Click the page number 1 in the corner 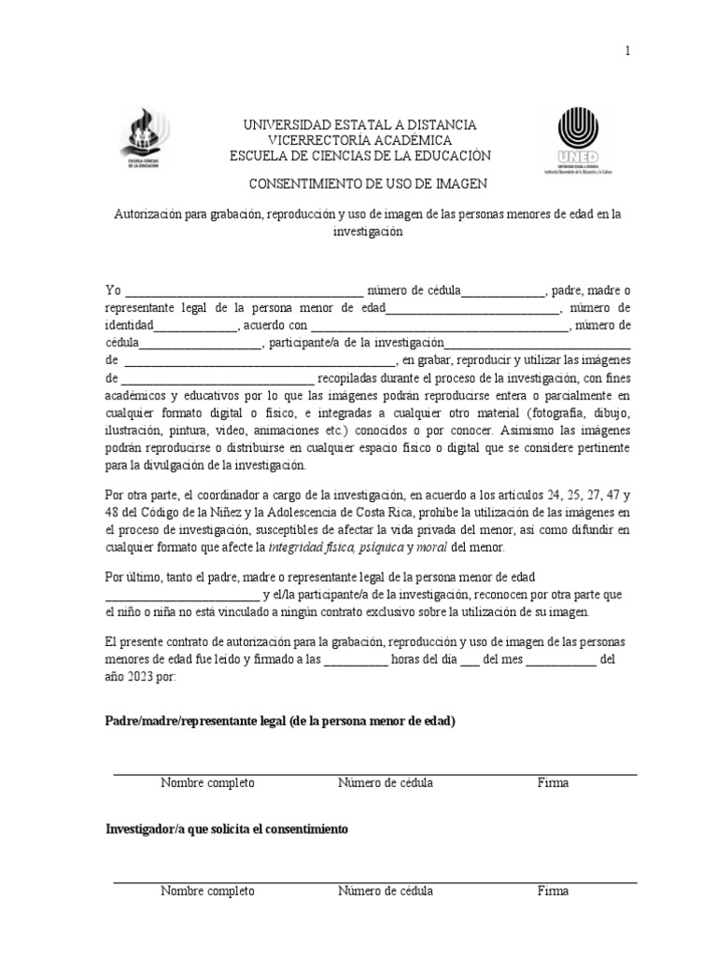628,51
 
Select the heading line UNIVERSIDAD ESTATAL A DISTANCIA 359,125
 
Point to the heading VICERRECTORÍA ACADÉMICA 359,140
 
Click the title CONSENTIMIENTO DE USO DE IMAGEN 359,185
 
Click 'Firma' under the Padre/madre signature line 553,783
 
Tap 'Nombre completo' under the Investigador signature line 207,891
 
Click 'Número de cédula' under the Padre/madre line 385,783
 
